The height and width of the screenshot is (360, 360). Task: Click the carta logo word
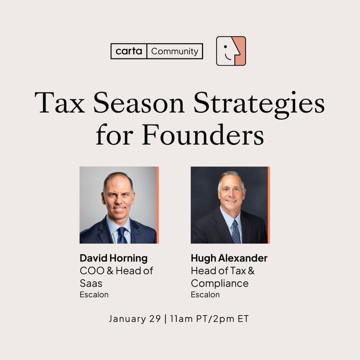(129, 51)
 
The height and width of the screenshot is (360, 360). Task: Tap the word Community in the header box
(175, 51)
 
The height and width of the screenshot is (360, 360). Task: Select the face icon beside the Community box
(231, 51)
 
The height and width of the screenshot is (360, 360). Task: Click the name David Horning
(113, 258)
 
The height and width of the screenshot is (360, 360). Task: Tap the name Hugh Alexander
(229, 258)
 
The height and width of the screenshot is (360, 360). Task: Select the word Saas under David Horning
(91, 283)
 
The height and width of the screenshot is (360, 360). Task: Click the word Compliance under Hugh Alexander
(220, 283)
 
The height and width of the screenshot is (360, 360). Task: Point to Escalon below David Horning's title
(94, 295)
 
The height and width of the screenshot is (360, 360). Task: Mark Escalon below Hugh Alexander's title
(205, 295)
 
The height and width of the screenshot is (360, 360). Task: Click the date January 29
(134, 319)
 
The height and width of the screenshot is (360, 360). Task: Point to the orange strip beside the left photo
(157, 205)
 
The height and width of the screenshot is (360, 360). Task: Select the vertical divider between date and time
(165, 319)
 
